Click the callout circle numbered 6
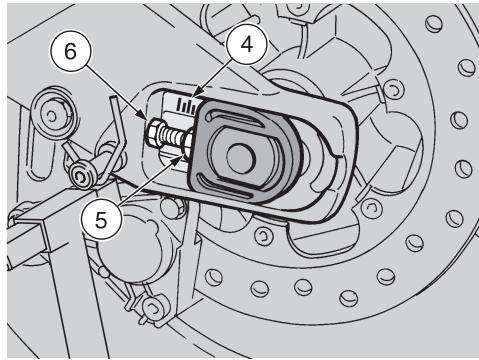pyautogui.click(x=70, y=52)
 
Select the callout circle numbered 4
pyautogui.click(x=247, y=44)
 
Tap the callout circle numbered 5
pyautogui.click(x=101, y=220)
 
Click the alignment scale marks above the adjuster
pyautogui.click(x=187, y=105)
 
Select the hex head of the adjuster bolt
pyautogui.click(x=154, y=133)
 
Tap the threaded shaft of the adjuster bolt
pyautogui.click(x=173, y=137)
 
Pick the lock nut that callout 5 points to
pyautogui.click(x=188, y=142)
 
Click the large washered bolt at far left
pyautogui.click(x=52, y=116)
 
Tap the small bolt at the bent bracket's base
pyautogui.click(x=81, y=175)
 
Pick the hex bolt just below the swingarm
pyautogui.click(x=172, y=207)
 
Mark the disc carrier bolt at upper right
pyautogui.click(x=393, y=89)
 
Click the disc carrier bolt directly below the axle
pyautogui.click(x=264, y=235)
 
